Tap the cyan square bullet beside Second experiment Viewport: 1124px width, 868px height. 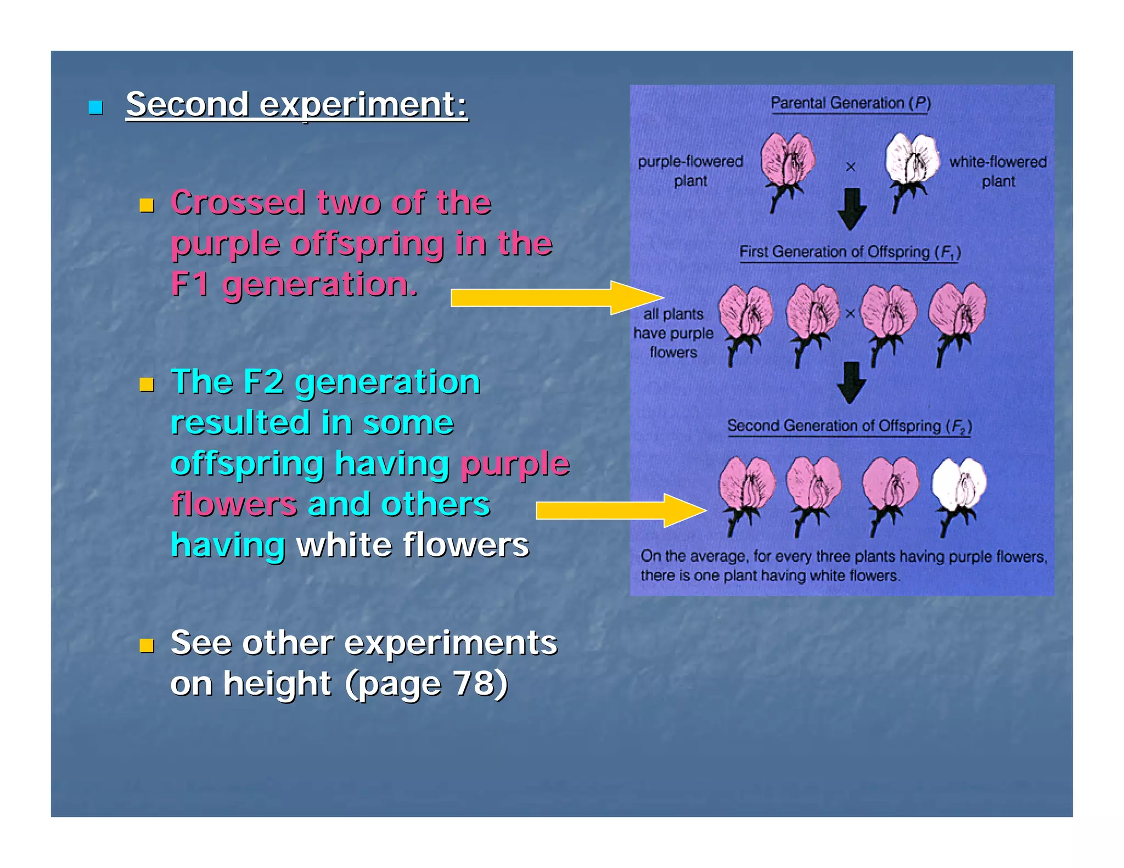(96, 108)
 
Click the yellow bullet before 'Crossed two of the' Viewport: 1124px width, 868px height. (147, 206)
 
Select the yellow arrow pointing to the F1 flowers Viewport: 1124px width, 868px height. (554, 298)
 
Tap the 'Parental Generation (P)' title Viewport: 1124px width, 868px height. (850, 103)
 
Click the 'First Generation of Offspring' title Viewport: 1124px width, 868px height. (849, 252)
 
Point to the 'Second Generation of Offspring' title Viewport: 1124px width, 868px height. (849, 426)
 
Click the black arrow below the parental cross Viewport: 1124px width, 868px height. (852, 208)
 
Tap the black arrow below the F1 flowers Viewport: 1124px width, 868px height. (851, 382)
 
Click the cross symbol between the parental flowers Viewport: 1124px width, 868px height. (851, 167)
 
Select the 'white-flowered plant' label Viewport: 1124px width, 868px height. (998, 171)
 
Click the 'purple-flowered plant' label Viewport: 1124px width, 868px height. (690, 171)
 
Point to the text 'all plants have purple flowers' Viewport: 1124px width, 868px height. (673, 333)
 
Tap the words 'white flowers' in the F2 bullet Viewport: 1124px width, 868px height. (412, 545)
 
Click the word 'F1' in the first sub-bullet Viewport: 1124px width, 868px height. (190, 284)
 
